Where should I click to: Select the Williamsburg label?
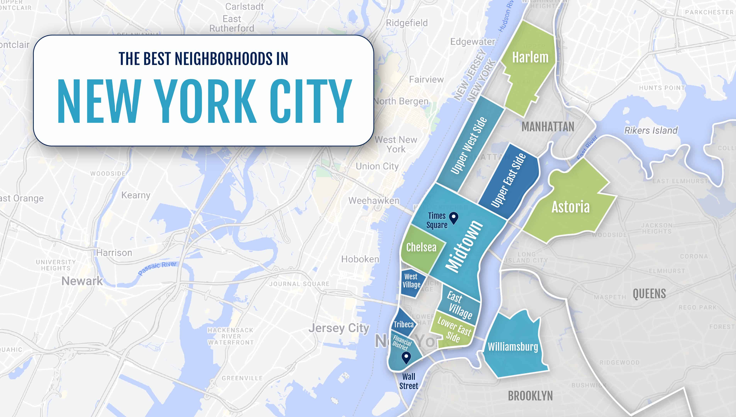coord(513,347)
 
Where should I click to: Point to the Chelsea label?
coord(421,247)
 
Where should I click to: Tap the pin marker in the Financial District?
coord(406,357)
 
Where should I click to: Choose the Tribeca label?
coord(404,324)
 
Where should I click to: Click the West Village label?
coord(411,281)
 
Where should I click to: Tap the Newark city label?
coord(82,281)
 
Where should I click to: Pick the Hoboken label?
coord(360,259)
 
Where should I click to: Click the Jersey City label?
coord(339,328)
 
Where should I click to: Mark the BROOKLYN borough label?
coord(530,396)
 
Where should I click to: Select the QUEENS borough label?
coord(649,294)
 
